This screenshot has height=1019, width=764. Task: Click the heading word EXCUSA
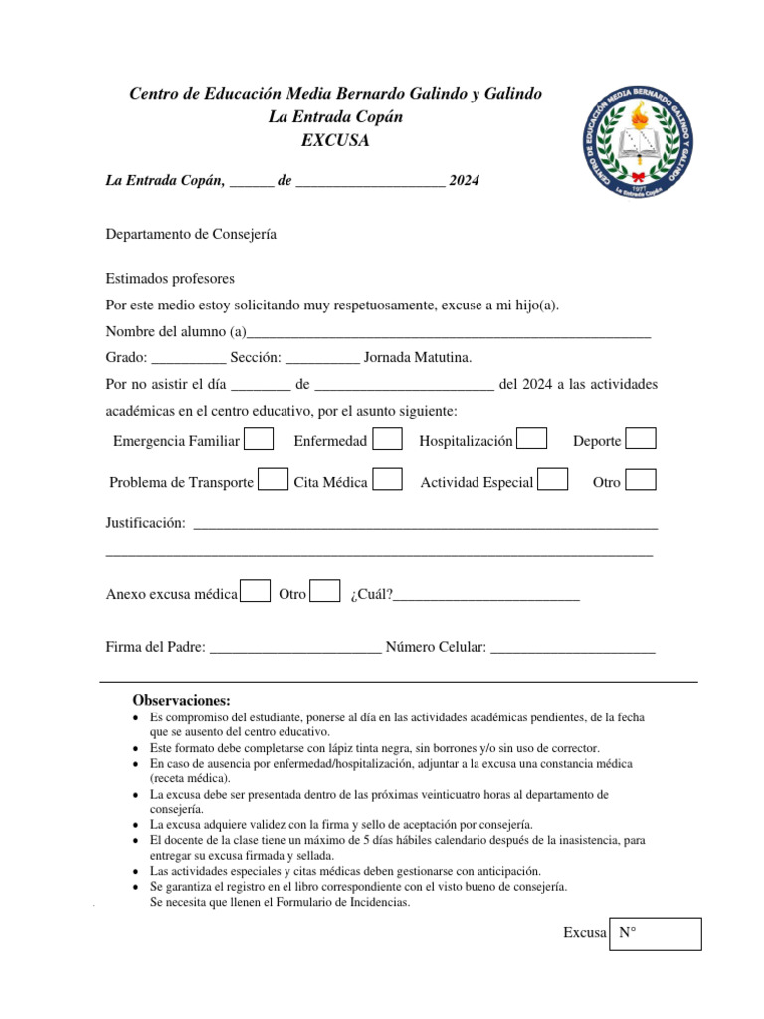point(335,141)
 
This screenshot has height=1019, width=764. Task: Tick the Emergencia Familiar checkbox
point(259,439)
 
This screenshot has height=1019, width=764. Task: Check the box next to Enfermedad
point(387,439)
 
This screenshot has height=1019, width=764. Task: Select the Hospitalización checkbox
point(532,439)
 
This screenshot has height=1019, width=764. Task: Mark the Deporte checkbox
point(641,439)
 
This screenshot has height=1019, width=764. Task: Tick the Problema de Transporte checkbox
point(273,480)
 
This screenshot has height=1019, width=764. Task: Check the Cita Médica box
point(387,480)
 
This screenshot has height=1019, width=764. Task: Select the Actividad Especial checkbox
point(553,480)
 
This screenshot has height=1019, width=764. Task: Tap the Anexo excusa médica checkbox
point(256,592)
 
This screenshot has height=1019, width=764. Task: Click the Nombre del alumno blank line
point(448,333)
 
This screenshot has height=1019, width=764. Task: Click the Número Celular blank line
point(573,648)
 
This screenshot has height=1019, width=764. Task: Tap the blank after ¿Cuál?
point(486,595)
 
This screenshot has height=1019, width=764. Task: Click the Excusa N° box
point(656,934)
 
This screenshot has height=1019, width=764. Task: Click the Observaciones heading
point(181,700)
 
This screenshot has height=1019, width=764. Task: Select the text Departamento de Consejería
point(191,234)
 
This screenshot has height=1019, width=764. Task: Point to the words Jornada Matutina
point(418,358)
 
